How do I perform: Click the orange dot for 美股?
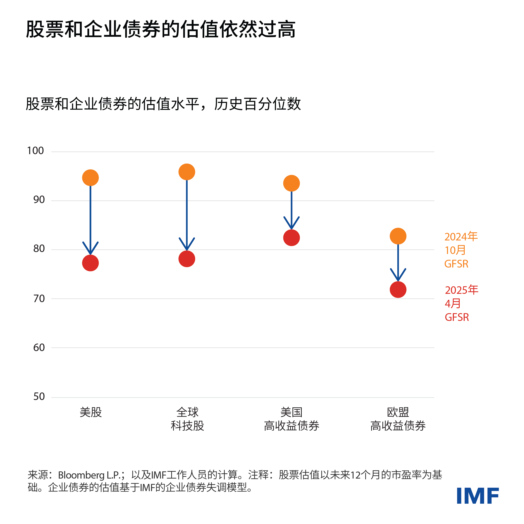(90, 178)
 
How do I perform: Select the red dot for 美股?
(90, 263)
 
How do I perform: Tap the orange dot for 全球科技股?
(187, 172)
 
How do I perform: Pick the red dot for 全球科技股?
(187, 259)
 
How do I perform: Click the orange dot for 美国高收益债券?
(291, 183)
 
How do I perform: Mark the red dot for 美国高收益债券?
(291, 238)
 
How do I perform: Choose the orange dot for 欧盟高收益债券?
(398, 236)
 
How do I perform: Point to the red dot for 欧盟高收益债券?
(398, 289)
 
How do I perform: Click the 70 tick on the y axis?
(39, 299)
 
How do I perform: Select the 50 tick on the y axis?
(39, 397)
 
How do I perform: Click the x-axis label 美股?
(91, 412)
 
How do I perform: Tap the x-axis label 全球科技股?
(187, 419)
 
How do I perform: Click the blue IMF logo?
(478, 496)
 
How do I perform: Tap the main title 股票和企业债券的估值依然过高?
(161, 29)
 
